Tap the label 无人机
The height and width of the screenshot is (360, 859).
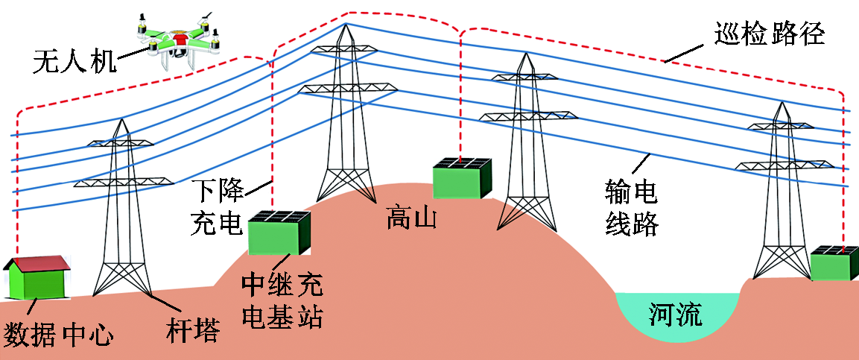[74, 61]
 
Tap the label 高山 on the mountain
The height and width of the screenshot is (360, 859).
[410, 219]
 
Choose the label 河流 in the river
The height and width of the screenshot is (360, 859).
[675, 315]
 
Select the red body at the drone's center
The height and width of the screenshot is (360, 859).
[180, 37]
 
